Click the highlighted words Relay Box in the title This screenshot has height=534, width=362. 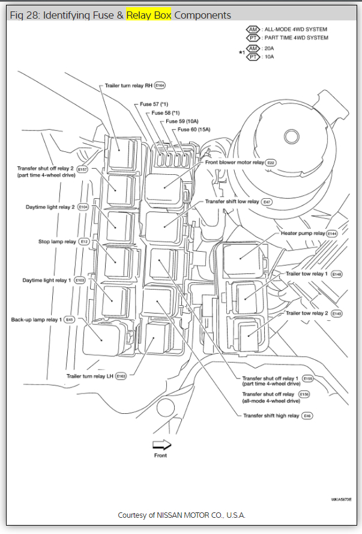point(149,15)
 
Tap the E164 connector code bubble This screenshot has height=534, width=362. point(160,86)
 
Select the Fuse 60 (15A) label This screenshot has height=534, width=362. point(193,130)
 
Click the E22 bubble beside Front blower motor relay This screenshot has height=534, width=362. point(271,162)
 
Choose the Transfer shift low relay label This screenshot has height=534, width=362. point(232,202)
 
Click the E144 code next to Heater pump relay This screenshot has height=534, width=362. point(332,233)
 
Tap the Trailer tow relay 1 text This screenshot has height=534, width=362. point(306,274)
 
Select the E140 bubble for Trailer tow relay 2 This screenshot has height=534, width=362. point(337,314)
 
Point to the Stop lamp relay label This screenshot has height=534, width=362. point(57,241)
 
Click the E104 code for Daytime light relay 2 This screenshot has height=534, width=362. point(83,207)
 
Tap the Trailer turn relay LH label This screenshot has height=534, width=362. point(89,376)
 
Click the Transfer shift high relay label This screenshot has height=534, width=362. point(271,416)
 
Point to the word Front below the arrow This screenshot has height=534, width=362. point(161,455)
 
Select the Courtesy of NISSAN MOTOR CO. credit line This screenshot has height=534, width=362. point(181,515)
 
